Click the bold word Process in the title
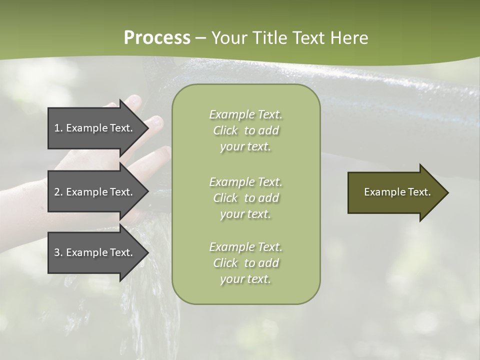[x=157, y=38]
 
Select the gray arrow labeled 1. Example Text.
[x=95, y=128]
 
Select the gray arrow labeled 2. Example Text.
[x=95, y=192]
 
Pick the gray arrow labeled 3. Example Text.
[x=95, y=252]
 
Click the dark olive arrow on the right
[x=395, y=192]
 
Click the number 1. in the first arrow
[x=58, y=128]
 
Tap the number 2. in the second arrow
[x=58, y=192]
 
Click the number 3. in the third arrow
[x=58, y=252]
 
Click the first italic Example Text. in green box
[x=245, y=114]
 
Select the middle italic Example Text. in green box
[x=245, y=181]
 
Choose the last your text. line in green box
[x=245, y=279]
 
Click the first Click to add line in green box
[x=245, y=130]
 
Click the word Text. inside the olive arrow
[x=419, y=192]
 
